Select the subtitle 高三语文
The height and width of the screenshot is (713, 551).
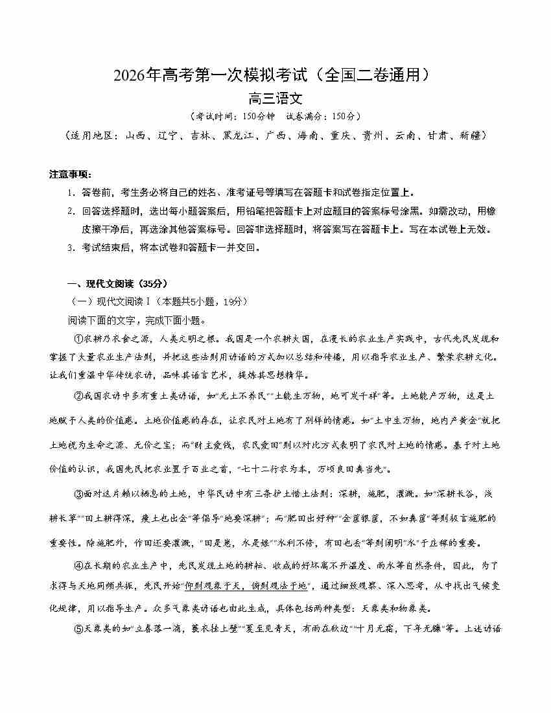(x=275, y=99)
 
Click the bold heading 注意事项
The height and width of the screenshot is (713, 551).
(x=70, y=174)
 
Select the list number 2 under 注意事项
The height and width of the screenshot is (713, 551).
(x=70, y=211)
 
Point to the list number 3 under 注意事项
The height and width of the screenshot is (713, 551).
(x=70, y=247)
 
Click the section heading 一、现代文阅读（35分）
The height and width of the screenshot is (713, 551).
(x=117, y=283)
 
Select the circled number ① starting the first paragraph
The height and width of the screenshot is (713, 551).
(x=80, y=338)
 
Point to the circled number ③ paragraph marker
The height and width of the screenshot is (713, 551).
(x=80, y=494)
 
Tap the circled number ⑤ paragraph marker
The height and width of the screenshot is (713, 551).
(x=80, y=627)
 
